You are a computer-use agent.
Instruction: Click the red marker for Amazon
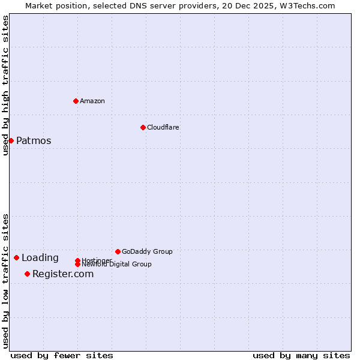[x=76, y=101]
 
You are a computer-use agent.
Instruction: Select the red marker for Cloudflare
[x=143, y=127]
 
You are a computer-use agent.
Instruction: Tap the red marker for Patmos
[x=11, y=140]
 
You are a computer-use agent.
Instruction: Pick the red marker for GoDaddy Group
[x=118, y=251]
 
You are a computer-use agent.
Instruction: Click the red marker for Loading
[x=16, y=257]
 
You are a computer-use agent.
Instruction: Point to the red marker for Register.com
[x=27, y=274]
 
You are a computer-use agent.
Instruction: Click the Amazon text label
[x=92, y=101]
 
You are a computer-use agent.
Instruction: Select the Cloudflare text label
[x=163, y=127]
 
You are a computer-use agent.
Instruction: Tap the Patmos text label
[x=34, y=141]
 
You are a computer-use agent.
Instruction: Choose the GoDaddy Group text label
[x=147, y=251]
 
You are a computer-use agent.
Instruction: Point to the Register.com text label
[x=63, y=274]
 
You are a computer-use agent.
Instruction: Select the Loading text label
[x=40, y=258]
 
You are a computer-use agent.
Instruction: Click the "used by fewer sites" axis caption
[x=62, y=355]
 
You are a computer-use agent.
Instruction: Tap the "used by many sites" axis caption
[x=301, y=355]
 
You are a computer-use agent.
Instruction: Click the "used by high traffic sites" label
[x=6, y=85]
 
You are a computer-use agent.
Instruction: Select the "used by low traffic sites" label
[x=6, y=281]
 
